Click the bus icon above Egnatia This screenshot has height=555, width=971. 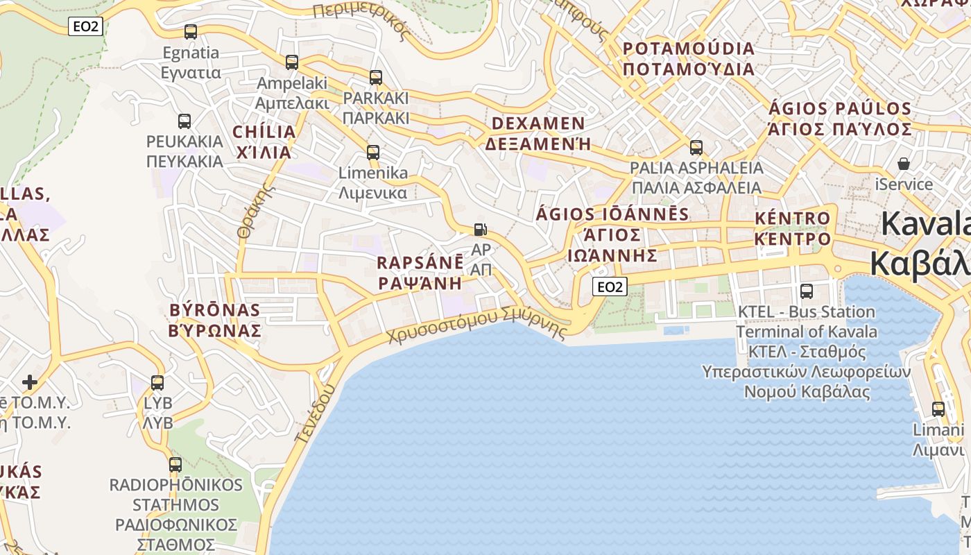(x=190, y=32)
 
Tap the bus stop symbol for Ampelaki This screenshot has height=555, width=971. (x=292, y=62)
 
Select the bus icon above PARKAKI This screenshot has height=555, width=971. (x=376, y=78)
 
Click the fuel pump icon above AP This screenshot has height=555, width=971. (x=480, y=230)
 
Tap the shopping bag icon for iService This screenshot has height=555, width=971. (x=904, y=164)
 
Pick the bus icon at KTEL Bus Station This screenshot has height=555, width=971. (x=806, y=291)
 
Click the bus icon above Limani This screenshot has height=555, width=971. (x=938, y=409)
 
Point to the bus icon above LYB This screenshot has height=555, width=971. (x=157, y=383)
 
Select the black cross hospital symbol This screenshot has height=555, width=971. (x=29, y=382)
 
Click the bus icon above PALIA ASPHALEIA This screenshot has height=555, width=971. (x=696, y=148)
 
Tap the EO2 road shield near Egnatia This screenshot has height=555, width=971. (x=87, y=27)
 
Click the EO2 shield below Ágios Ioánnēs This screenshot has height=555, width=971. (x=610, y=287)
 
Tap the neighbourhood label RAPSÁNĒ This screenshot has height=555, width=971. (x=420, y=263)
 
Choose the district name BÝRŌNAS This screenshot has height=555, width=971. (x=215, y=309)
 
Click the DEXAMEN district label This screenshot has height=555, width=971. (x=539, y=123)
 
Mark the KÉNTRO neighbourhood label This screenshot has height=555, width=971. (x=792, y=219)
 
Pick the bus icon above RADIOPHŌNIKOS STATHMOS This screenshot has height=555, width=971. (x=175, y=465)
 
